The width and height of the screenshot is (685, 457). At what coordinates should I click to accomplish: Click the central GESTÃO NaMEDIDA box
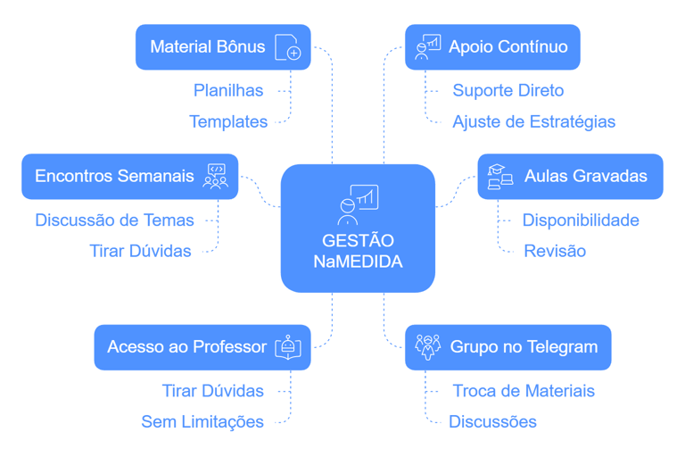(358, 228)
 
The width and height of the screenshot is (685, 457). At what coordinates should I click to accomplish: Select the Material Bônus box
(222, 46)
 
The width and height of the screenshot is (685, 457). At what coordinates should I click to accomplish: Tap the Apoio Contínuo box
(491, 46)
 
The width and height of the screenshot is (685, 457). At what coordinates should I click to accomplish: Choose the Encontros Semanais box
(130, 176)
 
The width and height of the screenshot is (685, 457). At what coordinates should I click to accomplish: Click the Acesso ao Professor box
(202, 346)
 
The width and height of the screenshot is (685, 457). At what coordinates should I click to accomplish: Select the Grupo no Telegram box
(508, 346)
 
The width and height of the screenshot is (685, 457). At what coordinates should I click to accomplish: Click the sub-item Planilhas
(228, 90)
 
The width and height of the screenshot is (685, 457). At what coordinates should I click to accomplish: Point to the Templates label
(228, 121)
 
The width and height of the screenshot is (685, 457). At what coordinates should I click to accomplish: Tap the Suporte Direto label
(508, 90)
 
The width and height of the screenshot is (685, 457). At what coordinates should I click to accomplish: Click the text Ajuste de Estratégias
(533, 121)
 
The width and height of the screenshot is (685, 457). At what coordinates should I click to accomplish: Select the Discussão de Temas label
(114, 220)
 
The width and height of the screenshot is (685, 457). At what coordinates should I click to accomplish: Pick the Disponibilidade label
(580, 220)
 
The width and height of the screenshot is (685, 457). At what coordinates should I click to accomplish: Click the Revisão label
(554, 251)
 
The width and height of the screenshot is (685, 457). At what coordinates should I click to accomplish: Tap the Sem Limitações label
(202, 421)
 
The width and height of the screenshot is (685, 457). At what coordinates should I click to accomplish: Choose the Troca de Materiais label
(523, 391)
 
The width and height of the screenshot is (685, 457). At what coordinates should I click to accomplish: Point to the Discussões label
(492, 421)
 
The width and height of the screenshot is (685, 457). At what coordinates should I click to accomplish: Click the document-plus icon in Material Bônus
(287, 46)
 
